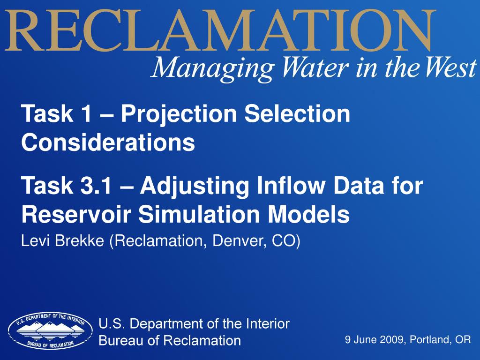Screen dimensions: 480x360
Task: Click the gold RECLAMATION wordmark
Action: coord(220,30)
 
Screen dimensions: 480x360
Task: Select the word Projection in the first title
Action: coord(179,114)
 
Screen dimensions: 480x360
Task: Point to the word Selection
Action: coord(297,113)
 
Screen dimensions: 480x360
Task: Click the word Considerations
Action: coord(108,142)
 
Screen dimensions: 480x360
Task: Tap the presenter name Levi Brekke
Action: coord(62,241)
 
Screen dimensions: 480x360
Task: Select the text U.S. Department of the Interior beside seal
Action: coord(194,323)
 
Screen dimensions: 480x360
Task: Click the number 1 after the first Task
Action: coord(86,113)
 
